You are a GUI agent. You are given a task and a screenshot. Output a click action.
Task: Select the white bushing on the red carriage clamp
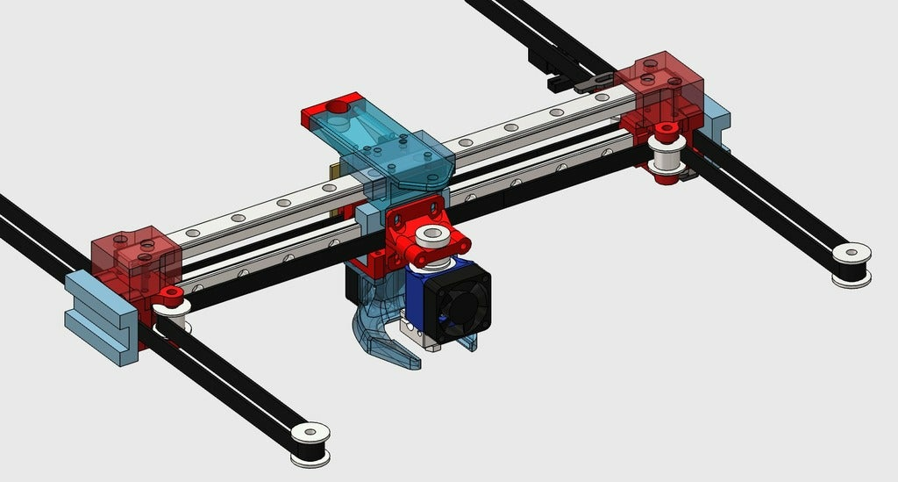tap(431, 235)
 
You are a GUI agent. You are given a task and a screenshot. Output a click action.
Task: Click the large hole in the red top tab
tap(338, 106)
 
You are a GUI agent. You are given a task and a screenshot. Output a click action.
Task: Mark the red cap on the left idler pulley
tap(171, 292)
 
